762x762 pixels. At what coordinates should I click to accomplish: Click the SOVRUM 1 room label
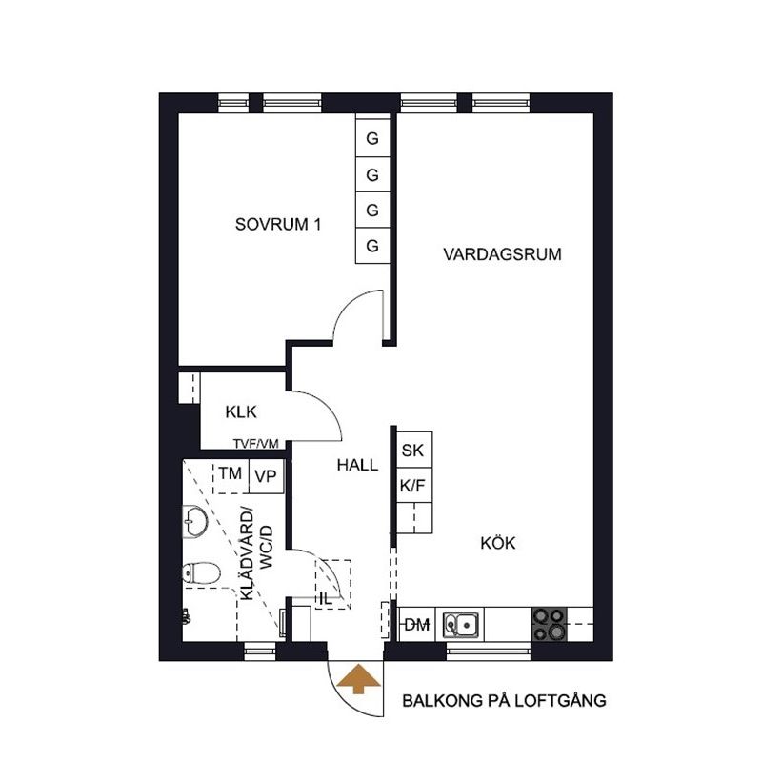point(278,226)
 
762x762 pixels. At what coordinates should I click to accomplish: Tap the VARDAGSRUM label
point(502,254)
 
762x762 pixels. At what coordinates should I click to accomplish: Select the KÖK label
point(497,543)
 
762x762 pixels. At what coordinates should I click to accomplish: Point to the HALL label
point(357,466)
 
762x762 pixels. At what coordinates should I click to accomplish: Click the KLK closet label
point(242,412)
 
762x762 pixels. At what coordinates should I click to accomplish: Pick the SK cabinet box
point(412,451)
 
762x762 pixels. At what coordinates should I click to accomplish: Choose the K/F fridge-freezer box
point(412,485)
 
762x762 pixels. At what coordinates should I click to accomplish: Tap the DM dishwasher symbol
point(417,625)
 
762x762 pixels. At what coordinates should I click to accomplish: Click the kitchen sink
point(462,625)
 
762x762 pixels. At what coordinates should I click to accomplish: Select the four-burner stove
point(549,624)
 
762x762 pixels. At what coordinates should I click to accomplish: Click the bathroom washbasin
point(195,521)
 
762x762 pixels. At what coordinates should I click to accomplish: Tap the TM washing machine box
point(230,474)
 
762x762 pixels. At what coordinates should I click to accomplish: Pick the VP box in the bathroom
point(265,476)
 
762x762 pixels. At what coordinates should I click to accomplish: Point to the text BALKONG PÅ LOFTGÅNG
point(504,702)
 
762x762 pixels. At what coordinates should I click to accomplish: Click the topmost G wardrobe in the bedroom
point(372,139)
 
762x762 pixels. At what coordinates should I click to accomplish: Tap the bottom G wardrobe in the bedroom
point(372,246)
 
